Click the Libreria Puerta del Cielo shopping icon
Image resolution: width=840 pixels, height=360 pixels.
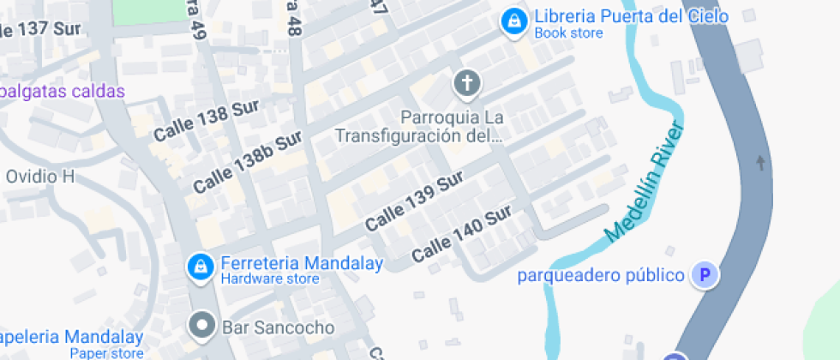coord(513,21)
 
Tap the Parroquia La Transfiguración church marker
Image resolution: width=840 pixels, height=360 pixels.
coord(467,84)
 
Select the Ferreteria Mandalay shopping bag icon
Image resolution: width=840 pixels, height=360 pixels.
coord(200,267)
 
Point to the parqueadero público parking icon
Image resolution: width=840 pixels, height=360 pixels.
coord(706,275)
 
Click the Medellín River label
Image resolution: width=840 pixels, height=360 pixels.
coord(645,183)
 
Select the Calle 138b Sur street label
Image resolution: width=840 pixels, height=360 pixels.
coord(248,161)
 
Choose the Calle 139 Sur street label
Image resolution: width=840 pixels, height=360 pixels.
coord(414,201)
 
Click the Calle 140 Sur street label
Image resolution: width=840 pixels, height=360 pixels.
coord(461,233)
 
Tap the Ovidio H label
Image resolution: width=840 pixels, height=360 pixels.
coord(40,177)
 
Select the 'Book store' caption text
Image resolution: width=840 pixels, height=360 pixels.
coord(568,33)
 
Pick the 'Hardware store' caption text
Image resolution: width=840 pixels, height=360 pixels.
coord(270,279)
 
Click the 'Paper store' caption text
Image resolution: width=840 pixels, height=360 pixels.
coord(106,353)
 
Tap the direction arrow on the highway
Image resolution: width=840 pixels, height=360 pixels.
coord(760,162)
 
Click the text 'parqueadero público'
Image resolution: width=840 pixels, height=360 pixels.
coord(601,275)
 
